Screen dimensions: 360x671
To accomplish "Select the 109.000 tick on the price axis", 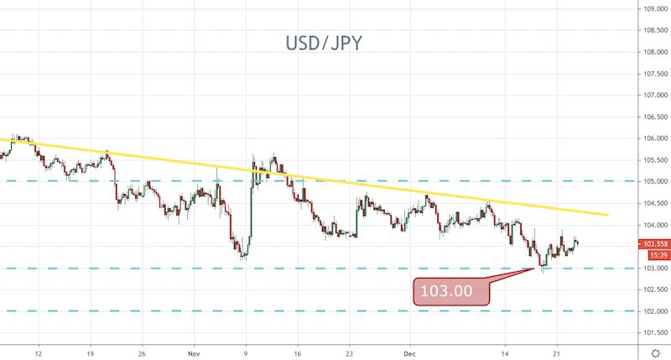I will (x=654, y=8).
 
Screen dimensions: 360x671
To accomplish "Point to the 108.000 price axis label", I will (x=654, y=51).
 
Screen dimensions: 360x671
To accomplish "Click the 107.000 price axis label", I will (x=654, y=95).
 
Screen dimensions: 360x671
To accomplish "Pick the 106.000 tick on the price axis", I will (x=654, y=138).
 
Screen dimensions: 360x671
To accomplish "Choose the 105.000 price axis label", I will (x=654, y=181).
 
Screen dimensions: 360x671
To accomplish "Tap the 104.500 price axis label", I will (x=654, y=203).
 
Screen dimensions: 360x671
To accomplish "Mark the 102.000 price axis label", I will (x=654, y=311).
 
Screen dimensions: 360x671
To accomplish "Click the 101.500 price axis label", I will (x=654, y=332).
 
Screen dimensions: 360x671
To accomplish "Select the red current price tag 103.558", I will (x=653, y=244).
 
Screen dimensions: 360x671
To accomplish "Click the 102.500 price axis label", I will (x=654, y=290).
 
